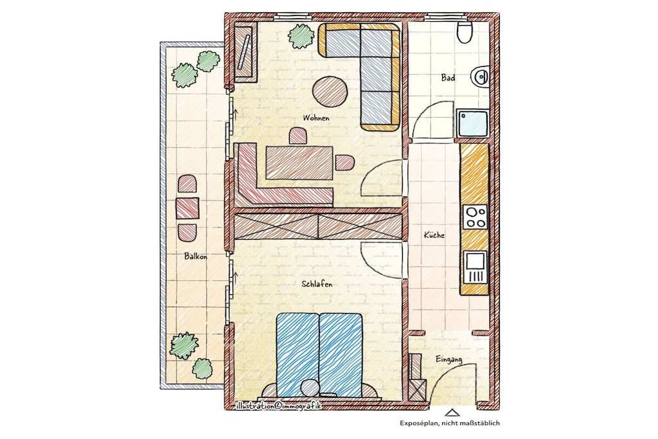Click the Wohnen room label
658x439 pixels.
coord(316,118)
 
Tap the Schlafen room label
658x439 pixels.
coord(317,284)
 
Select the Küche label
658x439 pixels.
coord(434,235)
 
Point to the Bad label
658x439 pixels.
coord(448,78)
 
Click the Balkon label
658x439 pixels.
coord(195,256)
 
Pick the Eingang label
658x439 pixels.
coord(449,359)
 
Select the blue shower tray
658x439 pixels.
coord(472,123)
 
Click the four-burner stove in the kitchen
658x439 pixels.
coord(476,217)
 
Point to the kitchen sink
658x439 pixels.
coord(476,267)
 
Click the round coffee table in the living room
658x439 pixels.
coord(330,92)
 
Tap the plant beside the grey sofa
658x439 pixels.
coord(301,36)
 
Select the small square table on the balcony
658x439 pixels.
coord(187,208)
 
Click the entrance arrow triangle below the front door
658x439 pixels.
coord(452,413)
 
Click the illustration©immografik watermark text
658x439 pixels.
coord(278,406)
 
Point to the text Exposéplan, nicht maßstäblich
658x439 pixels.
coord(449,423)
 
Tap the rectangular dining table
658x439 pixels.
coord(299,162)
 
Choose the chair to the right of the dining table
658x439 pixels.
coord(344,163)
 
